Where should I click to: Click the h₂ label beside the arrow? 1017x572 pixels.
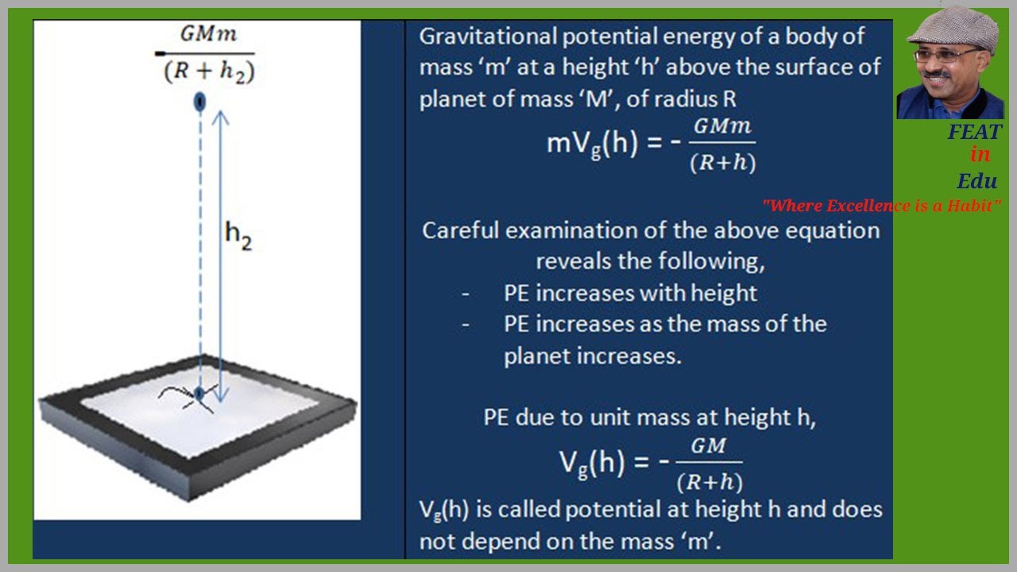(238, 235)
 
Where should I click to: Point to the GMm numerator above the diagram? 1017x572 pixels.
(209, 35)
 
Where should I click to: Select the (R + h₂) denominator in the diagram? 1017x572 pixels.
(210, 71)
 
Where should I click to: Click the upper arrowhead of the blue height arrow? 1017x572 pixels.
(221, 116)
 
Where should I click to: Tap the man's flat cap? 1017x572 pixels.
(953, 29)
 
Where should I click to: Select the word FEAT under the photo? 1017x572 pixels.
(974, 132)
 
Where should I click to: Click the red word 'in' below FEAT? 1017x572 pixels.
(980, 154)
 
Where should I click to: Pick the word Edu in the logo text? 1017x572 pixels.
(977, 180)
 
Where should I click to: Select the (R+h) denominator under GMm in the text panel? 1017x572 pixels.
(721, 163)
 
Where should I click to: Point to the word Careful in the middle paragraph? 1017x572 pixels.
(460, 230)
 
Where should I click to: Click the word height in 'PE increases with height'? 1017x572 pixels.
(723, 293)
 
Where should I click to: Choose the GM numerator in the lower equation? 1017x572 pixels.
(708, 446)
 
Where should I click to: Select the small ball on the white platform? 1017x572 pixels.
(200, 392)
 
